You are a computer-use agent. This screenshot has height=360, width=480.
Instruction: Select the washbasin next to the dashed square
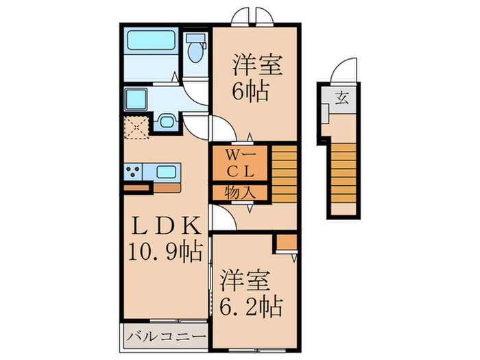[166, 123]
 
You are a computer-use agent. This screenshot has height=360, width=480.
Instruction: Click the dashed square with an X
[136, 125]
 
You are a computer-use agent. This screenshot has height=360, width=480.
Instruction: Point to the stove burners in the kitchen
[133, 171]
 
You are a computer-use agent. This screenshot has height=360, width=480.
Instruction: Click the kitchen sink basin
[167, 171]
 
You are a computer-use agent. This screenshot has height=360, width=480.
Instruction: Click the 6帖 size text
[251, 91]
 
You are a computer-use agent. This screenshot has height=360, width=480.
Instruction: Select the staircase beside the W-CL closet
[284, 172]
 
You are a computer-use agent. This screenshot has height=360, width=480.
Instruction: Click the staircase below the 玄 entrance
[342, 178]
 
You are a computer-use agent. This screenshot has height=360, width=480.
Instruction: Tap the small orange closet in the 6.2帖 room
[287, 242]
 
